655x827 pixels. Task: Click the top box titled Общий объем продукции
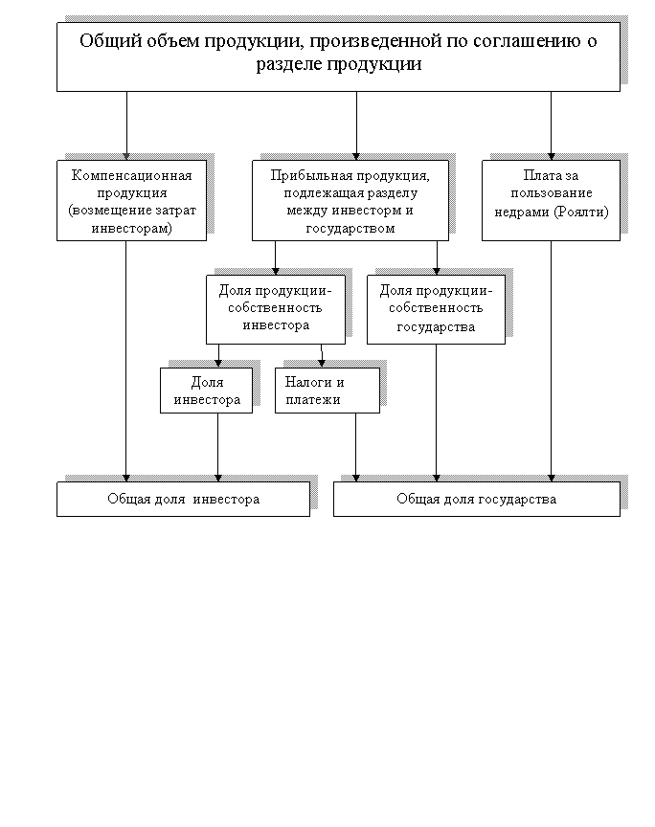(x=338, y=56)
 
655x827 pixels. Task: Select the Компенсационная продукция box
(x=132, y=200)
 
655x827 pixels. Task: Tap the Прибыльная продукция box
(x=350, y=200)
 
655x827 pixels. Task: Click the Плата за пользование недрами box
(x=551, y=200)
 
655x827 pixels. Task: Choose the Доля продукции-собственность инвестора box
(x=276, y=309)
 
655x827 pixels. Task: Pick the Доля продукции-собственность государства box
(x=436, y=309)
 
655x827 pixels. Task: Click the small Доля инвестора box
(x=206, y=391)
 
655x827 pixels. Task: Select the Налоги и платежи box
(x=327, y=391)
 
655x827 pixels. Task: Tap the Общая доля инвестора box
(x=183, y=499)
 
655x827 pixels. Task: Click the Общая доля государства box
(x=476, y=499)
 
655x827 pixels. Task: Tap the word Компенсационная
(x=138, y=176)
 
